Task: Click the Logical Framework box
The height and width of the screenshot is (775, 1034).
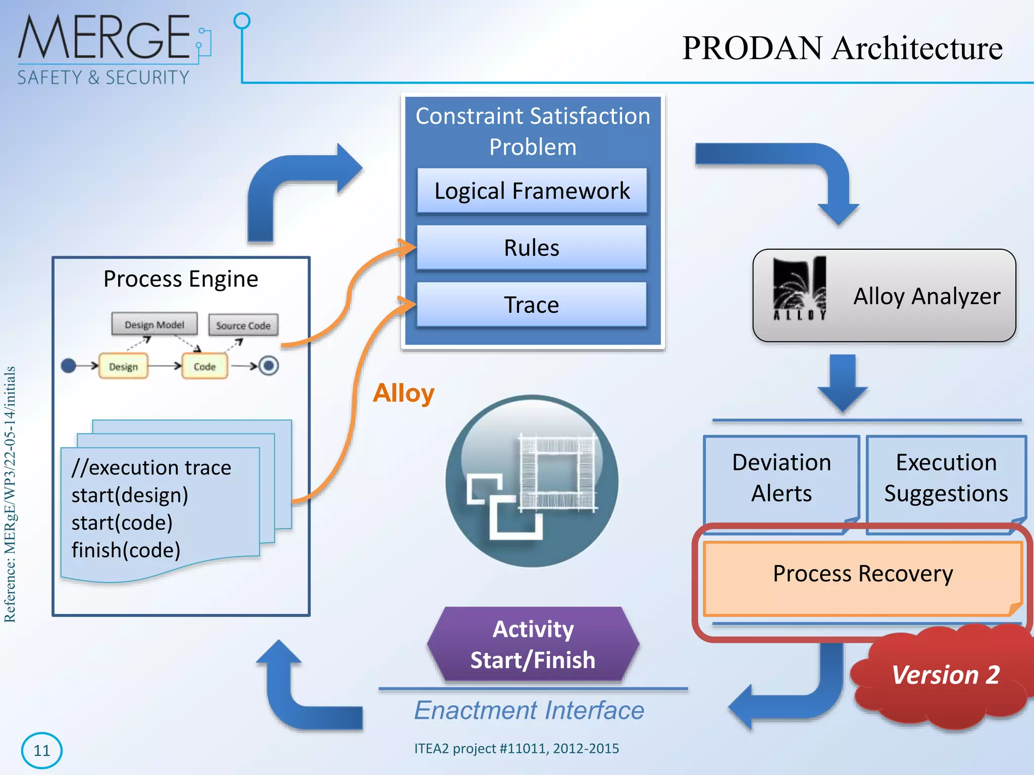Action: click(532, 191)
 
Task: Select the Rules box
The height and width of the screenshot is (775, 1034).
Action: click(532, 248)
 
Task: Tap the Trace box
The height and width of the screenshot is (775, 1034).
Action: click(532, 305)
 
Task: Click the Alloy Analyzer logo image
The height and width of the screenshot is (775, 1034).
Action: click(799, 289)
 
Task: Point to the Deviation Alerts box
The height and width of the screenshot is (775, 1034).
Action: click(781, 478)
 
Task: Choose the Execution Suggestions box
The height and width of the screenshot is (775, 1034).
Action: click(946, 478)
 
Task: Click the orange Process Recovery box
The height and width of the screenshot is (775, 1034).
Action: click(862, 574)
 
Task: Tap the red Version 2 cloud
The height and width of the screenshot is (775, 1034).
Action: click(944, 675)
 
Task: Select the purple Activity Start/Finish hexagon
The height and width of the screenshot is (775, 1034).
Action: click(533, 644)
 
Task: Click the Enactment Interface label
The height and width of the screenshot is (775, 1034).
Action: click(529, 710)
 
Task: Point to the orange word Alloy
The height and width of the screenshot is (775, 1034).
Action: click(403, 393)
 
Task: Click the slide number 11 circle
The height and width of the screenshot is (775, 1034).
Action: click(41, 750)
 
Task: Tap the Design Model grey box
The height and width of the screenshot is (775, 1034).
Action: click(154, 324)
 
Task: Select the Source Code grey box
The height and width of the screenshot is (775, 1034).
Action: click(243, 325)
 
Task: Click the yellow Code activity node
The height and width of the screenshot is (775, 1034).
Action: click(204, 366)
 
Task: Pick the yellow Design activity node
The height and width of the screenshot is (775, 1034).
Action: click(123, 366)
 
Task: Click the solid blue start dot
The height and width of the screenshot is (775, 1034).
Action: click(68, 365)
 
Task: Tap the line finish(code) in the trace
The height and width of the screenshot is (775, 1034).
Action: click(126, 550)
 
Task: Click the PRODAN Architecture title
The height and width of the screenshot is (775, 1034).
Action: click(842, 48)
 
